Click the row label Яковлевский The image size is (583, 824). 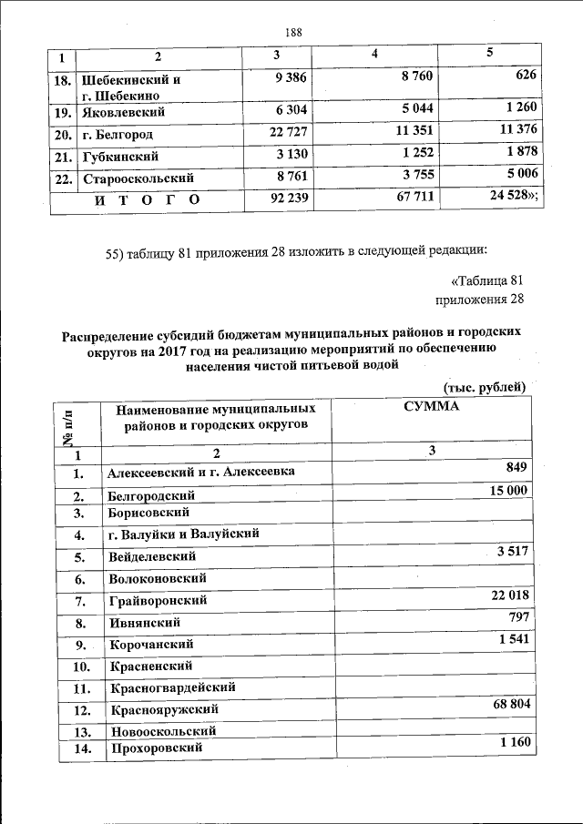tap(123, 114)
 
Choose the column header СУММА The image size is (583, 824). tap(431, 407)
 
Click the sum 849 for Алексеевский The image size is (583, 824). tap(517, 468)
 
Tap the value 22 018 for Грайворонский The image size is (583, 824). tap(506, 595)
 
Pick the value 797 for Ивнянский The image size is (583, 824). tap(517, 617)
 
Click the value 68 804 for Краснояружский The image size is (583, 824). tap(506, 705)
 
